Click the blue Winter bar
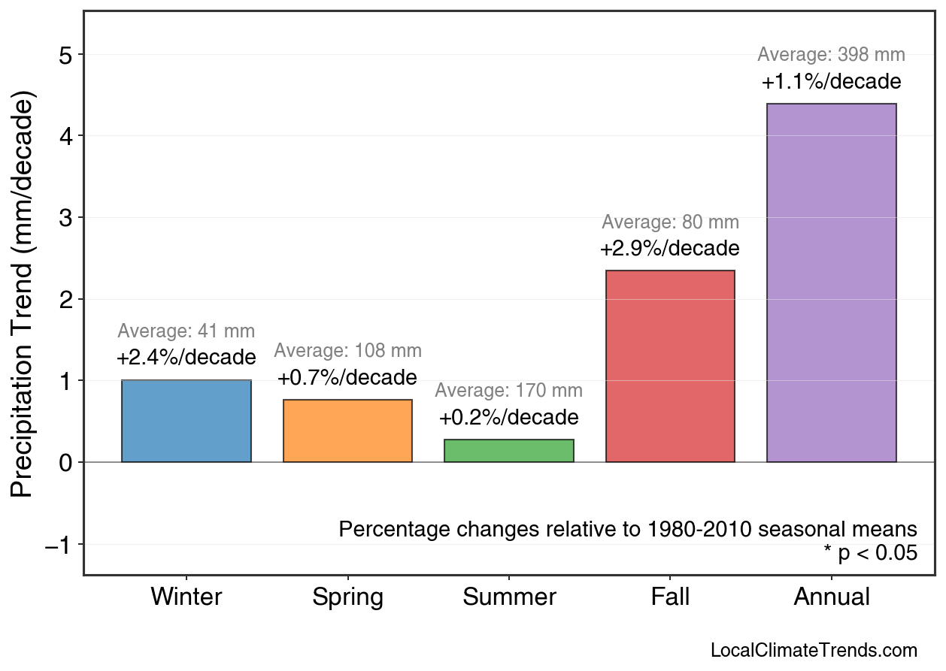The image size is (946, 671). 186,421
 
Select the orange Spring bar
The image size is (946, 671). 347,431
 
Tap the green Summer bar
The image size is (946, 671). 509,450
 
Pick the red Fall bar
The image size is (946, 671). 670,366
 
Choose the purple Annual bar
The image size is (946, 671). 831,283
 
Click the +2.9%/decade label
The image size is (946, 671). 669,248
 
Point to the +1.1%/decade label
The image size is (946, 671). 831,81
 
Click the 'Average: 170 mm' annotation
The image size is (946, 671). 508,391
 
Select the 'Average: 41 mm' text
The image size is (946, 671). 186,331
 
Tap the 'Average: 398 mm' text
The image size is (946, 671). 831,55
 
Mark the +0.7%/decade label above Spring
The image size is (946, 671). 347,377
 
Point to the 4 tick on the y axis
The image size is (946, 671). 66,136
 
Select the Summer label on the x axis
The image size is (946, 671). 509,597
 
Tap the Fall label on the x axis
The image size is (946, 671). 670,597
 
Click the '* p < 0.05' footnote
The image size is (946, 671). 870,554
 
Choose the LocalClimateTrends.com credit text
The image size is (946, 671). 814,651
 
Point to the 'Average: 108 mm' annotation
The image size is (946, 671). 347,351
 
